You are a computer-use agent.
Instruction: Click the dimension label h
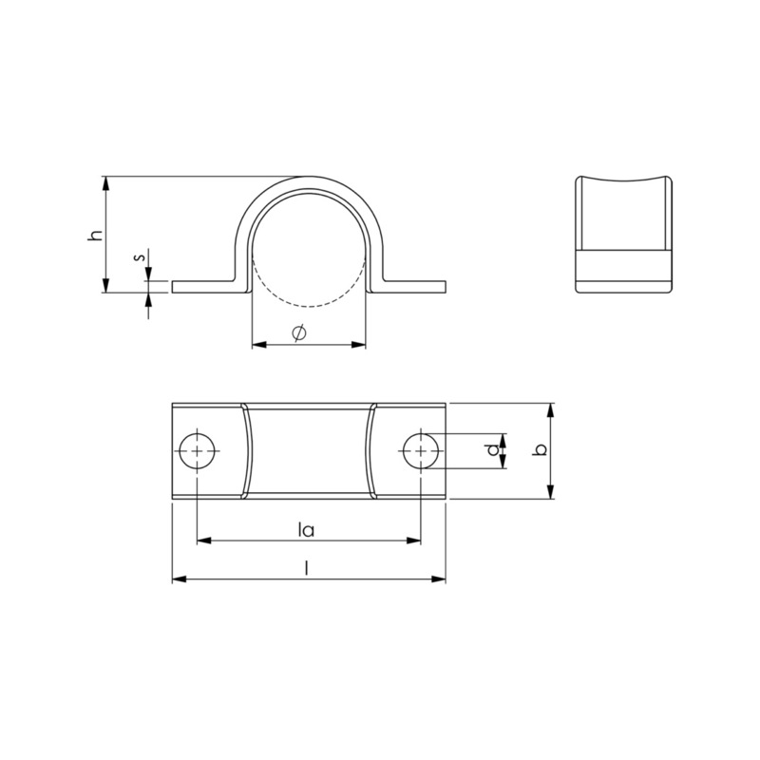96,235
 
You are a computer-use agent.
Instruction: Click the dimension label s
140,257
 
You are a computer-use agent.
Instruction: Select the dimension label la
306,529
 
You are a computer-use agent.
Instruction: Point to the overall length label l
306,567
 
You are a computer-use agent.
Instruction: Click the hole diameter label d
493,450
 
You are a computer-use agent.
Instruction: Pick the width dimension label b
540,449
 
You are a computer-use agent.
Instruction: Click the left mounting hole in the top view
198,450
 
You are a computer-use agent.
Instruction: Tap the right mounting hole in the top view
421,450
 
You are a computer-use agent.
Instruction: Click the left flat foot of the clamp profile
206,287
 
